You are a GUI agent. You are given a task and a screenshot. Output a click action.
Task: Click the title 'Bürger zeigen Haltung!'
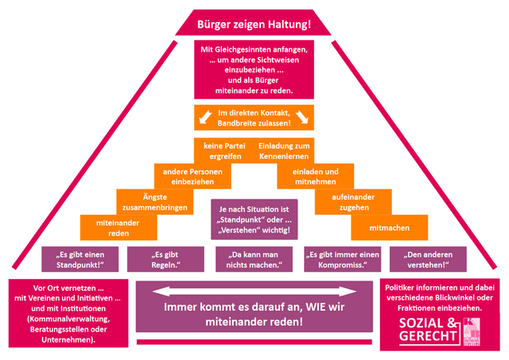pyautogui.click(x=254, y=24)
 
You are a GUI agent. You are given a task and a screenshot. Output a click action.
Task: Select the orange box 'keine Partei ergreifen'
pyautogui.click(x=223, y=151)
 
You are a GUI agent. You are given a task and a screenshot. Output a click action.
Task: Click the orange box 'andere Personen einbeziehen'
pyautogui.click(x=192, y=176)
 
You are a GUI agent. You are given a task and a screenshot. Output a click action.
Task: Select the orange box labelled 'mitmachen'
pyautogui.click(x=390, y=227)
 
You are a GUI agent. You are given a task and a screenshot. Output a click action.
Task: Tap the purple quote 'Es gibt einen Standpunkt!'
pyautogui.click(x=78, y=259)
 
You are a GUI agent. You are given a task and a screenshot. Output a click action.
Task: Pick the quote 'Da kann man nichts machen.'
pyautogui.click(x=254, y=259)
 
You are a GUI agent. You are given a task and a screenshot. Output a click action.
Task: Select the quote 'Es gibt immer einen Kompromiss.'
pyautogui.click(x=342, y=259)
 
